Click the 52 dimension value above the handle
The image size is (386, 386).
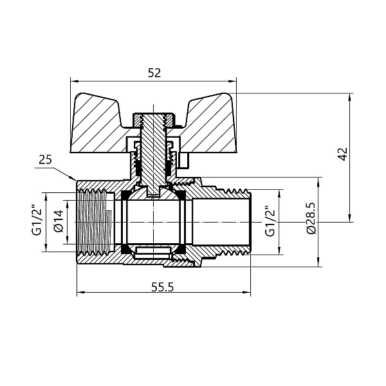[x=154, y=73]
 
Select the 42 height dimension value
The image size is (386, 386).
[x=342, y=154]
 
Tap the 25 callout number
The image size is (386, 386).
[x=44, y=159]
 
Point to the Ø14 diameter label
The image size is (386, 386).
[x=58, y=221]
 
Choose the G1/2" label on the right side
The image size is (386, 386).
[x=270, y=221]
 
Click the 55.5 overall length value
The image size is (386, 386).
[x=162, y=288]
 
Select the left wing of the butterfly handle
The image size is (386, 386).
[x=100, y=125]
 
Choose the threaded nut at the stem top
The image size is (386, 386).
[x=153, y=118]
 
